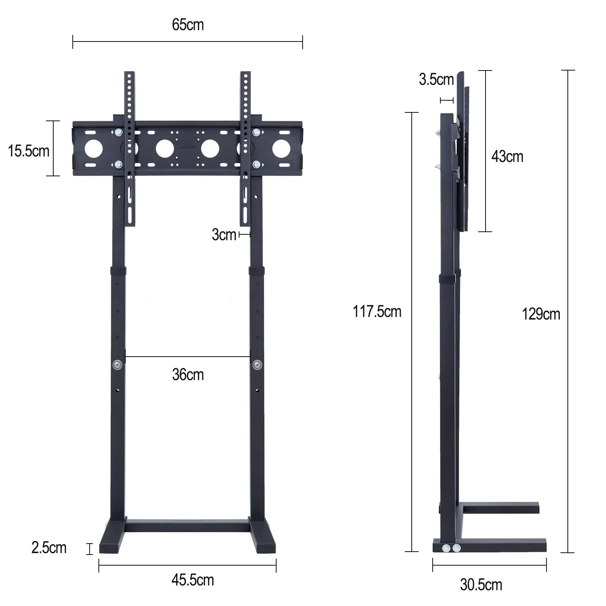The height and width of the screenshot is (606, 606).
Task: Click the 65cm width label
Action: click(188, 25)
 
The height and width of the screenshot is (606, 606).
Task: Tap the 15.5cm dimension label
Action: click(29, 151)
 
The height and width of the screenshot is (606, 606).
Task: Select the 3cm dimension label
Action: click(224, 235)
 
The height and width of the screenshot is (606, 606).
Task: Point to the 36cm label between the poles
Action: click(188, 375)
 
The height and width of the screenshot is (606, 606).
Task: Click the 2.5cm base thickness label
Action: click(49, 548)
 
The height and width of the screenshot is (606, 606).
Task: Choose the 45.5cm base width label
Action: click(192, 580)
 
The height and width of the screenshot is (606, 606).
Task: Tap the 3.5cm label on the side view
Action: click(436, 80)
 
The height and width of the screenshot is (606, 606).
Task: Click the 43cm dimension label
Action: click(507, 157)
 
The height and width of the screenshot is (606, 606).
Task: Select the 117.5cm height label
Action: click(377, 311)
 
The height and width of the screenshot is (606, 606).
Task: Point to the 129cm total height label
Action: click(541, 314)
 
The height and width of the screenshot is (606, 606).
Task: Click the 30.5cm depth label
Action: click(481, 585)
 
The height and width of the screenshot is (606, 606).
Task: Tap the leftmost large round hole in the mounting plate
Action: click(94, 148)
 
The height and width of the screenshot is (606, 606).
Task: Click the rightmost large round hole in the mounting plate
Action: click(281, 148)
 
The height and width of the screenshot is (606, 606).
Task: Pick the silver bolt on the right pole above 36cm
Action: click(257, 365)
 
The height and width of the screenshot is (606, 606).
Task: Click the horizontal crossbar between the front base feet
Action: click(188, 526)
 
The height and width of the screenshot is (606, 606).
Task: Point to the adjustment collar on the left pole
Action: click(118, 271)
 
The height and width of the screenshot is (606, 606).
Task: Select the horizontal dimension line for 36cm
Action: click(188, 356)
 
